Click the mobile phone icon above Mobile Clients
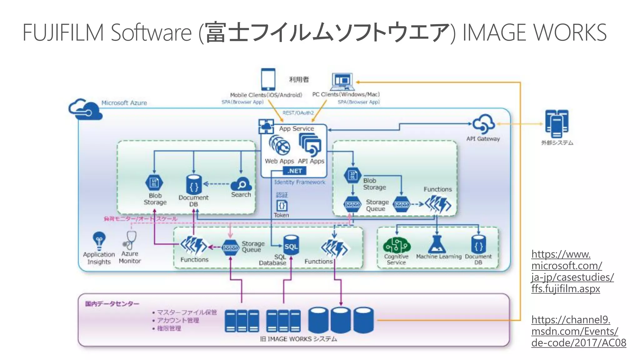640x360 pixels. tap(268, 79)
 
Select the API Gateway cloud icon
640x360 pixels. tap(483, 124)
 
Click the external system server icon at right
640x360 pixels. tap(557, 124)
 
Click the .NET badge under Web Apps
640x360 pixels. tap(295, 171)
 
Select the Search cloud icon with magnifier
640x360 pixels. tap(241, 184)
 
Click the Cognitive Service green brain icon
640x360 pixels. tap(397, 245)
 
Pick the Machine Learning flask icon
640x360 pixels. tap(437, 244)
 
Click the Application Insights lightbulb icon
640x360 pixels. tap(99, 240)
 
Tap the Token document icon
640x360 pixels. tap(282, 206)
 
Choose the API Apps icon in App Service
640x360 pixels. tap(310, 145)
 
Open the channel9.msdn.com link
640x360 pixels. tap(578, 331)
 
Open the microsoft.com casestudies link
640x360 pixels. tap(572, 271)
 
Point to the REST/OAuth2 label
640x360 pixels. tap(298, 113)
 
